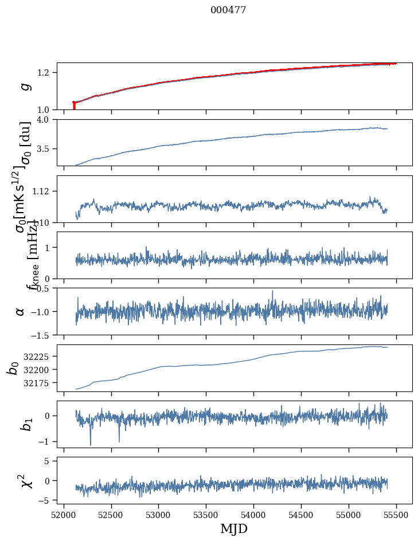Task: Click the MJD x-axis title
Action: tap(234, 529)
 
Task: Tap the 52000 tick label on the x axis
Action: tap(64, 515)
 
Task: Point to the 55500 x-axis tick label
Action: tap(397, 515)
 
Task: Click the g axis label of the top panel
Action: tap(24, 87)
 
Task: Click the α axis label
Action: tap(21, 311)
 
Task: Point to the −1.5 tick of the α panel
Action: tap(41, 335)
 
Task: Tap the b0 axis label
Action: tap(13, 368)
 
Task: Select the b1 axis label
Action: tap(24, 424)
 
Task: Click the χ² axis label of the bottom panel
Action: tap(25, 480)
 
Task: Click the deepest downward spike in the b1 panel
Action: tap(90, 445)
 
